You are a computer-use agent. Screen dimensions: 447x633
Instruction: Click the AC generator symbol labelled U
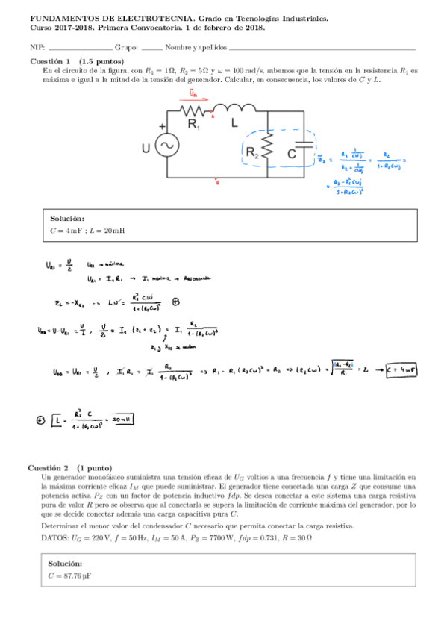coord(166,145)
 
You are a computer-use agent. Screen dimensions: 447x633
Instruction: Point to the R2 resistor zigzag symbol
coord(267,145)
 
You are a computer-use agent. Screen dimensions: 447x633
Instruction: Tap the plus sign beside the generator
coord(162,126)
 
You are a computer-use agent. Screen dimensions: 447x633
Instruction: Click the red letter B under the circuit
coord(216,181)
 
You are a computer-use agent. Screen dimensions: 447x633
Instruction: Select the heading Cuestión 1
coord(49,61)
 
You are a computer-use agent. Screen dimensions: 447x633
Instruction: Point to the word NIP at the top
coord(36,47)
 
